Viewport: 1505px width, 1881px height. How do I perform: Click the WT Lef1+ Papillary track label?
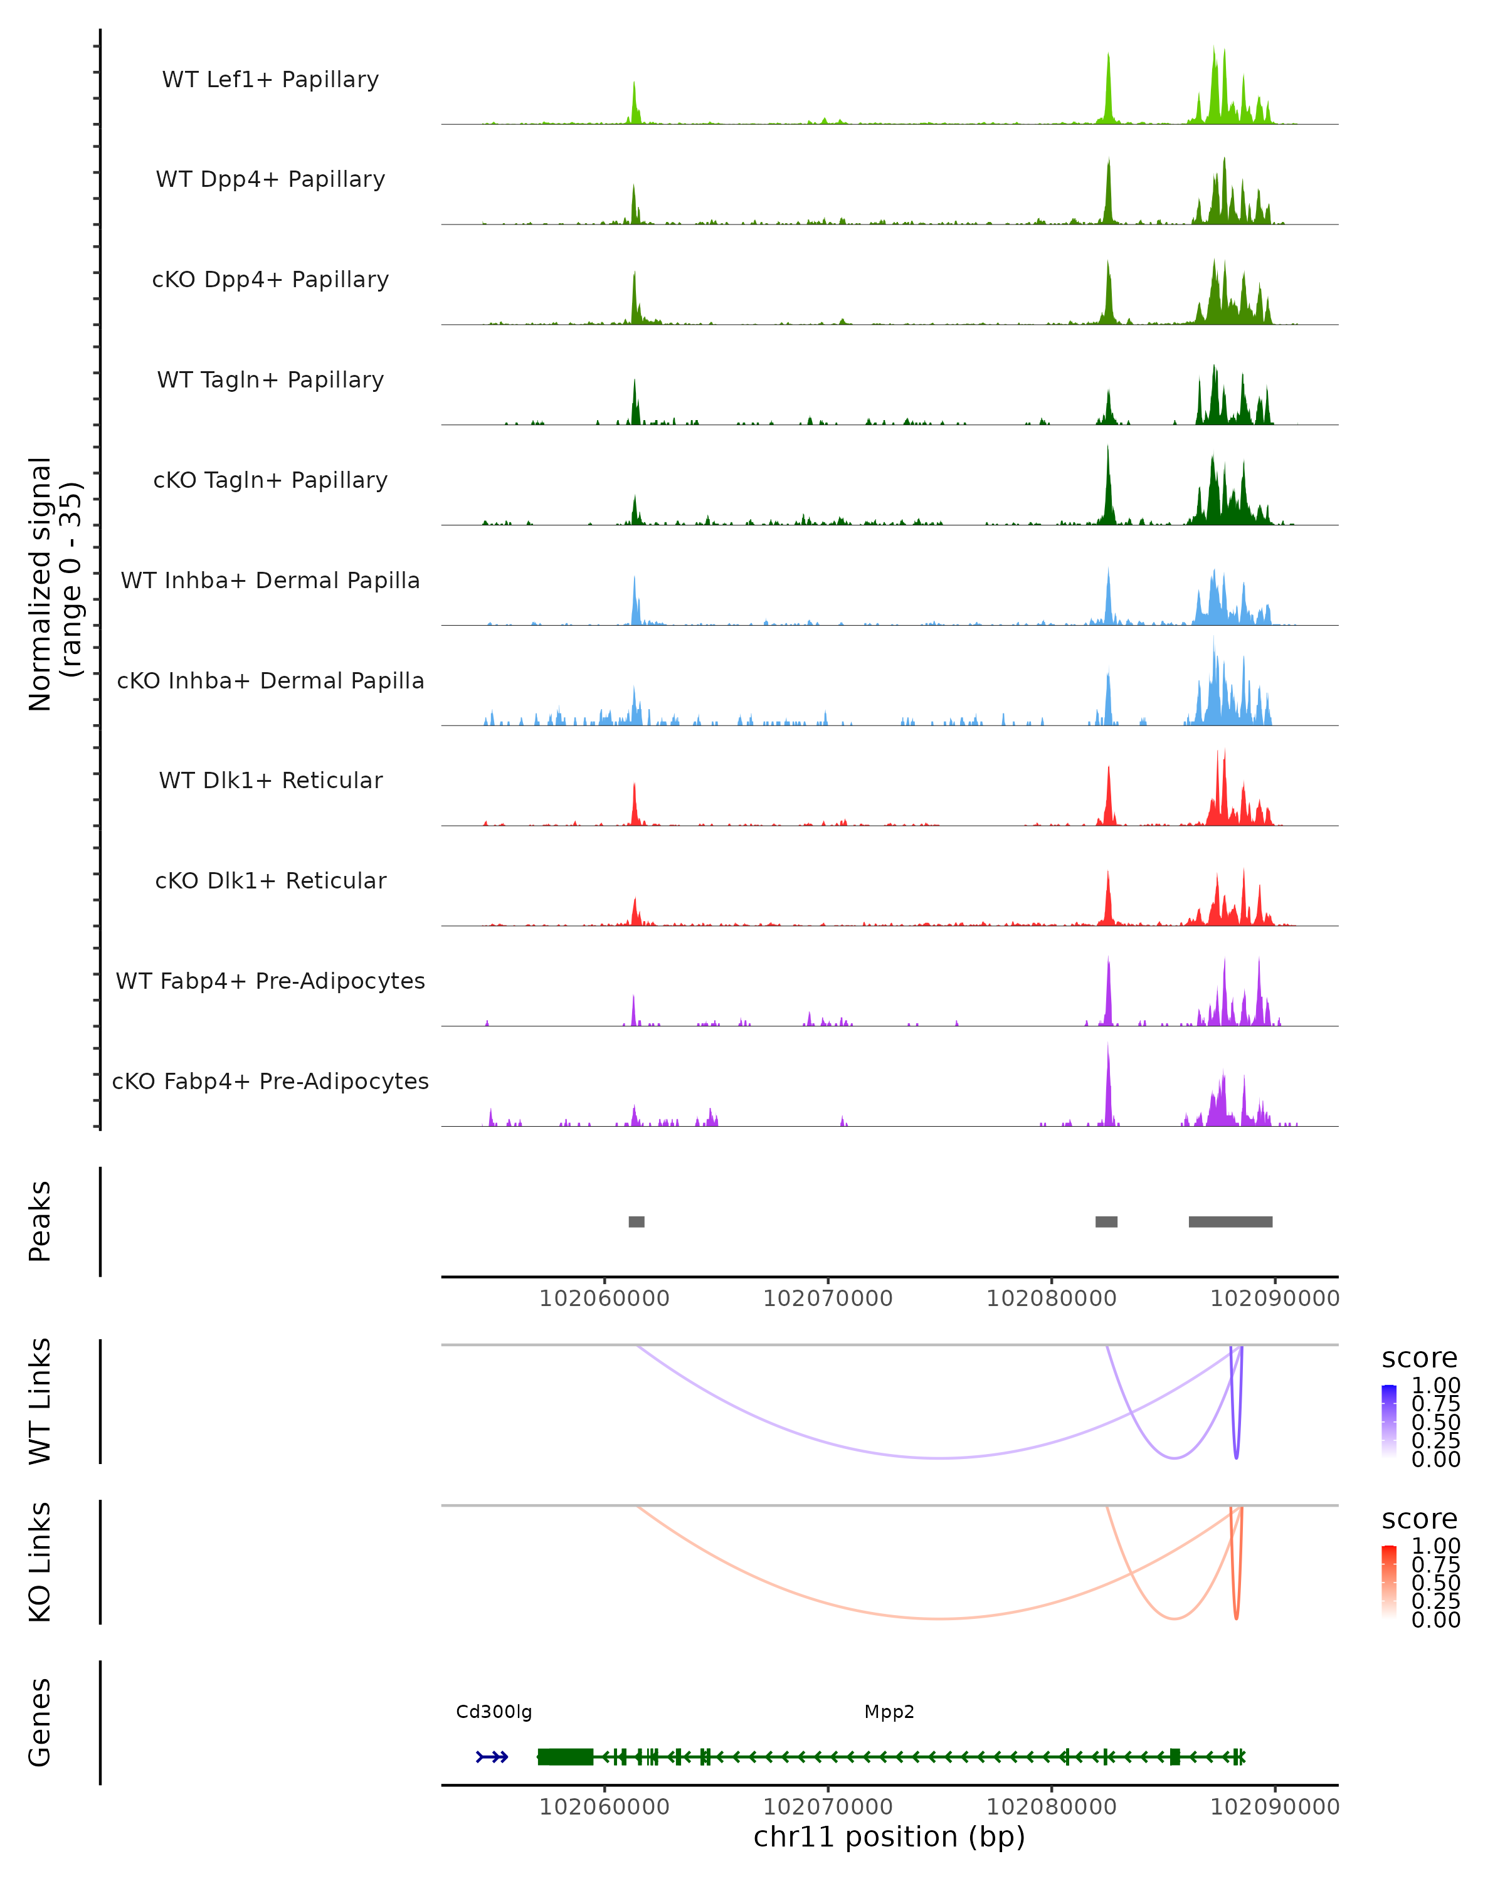click(x=270, y=80)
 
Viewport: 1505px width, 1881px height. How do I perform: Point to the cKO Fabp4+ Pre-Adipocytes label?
click(x=270, y=1081)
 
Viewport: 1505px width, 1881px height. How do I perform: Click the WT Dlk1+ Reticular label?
click(x=270, y=780)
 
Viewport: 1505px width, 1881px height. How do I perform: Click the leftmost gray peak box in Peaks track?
click(x=637, y=1221)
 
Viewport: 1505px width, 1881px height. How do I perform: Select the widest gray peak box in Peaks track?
click(x=1230, y=1221)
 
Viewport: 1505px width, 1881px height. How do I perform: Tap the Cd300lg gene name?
click(x=494, y=1712)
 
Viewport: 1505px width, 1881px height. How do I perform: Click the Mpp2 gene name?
click(x=889, y=1712)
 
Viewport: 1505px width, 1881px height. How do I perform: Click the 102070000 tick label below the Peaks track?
click(x=828, y=1299)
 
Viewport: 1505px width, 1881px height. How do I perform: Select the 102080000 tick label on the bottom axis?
click(x=1052, y=1807)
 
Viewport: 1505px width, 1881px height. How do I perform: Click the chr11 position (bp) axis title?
click(x=889, y=1837)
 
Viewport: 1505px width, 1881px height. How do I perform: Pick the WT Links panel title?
click(x=40, y=1401)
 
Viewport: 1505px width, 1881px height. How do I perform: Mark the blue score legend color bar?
click(x=1389, y=1421)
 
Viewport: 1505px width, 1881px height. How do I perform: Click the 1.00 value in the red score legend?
click(x=1436, y=1546)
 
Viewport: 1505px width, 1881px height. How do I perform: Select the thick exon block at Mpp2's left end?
click(x=566, y=1757)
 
